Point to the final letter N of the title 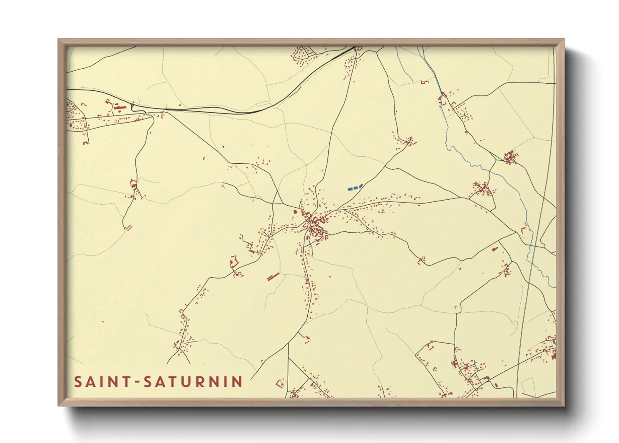point(238,382)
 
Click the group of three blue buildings point(355,187)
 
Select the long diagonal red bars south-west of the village point(273,276)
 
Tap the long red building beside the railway point(120,108)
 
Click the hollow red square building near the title point(280,383)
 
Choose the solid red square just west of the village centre point(295,212)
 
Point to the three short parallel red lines point(129,227)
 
